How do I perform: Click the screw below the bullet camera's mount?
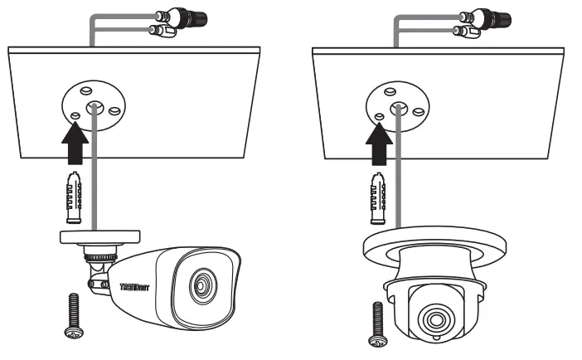coord(72,316)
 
